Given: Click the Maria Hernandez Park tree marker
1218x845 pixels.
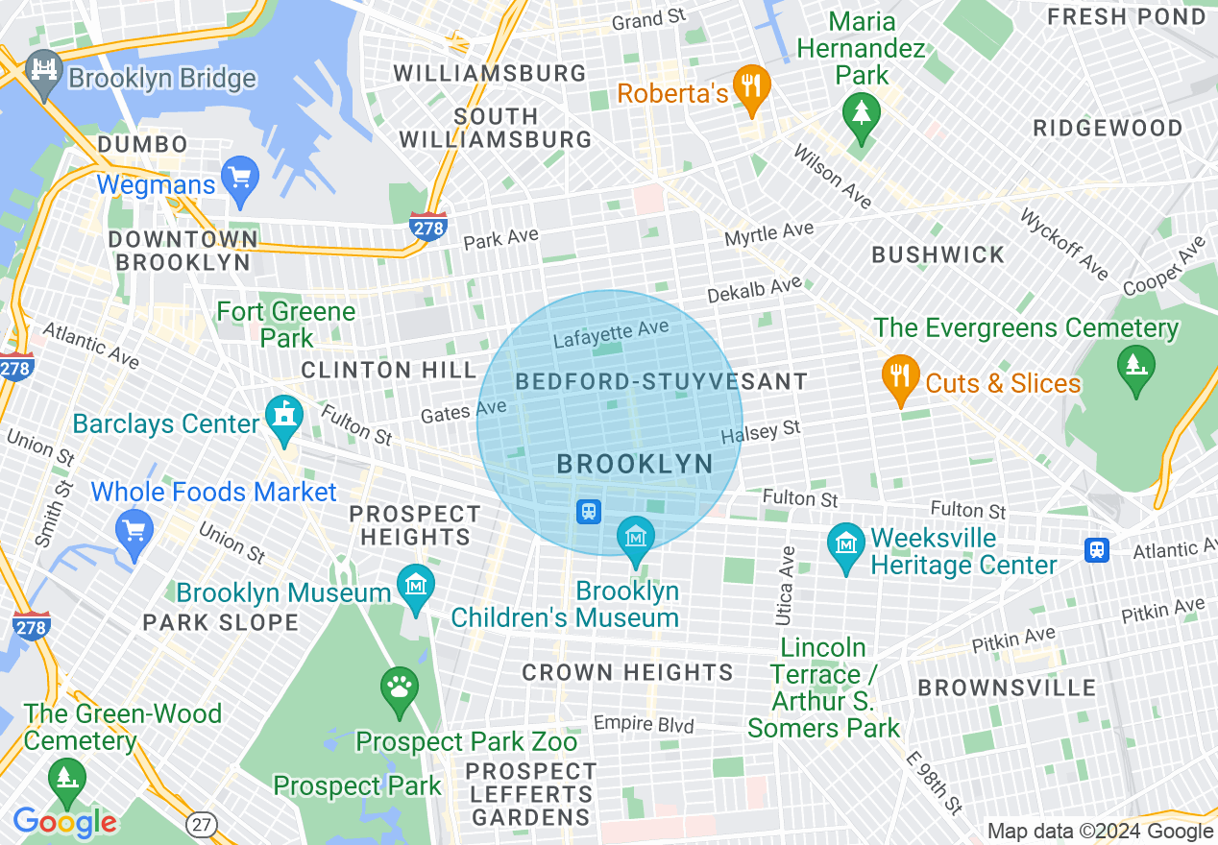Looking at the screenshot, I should [862, 114].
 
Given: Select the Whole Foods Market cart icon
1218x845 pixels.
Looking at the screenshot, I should [134, 529].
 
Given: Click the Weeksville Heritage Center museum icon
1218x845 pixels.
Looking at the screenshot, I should [846, 547].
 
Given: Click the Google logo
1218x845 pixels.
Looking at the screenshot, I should [64, 822].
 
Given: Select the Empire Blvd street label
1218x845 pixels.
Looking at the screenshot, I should [643, 723].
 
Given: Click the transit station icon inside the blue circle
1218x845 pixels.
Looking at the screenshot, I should [589, 512].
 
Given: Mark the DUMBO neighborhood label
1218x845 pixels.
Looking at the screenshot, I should [143, 145].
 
